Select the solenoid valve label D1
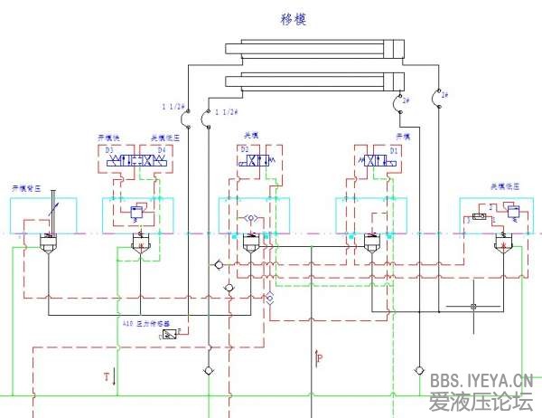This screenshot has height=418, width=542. coord(394,148)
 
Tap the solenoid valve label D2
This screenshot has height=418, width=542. coord(244,148)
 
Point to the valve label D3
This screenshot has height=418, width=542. coord(109,148)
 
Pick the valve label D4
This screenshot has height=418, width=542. coord(162,148)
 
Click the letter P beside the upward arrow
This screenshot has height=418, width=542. coord(321,359)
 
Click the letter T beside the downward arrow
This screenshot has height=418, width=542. coord(106,374)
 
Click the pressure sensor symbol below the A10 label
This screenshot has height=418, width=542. coord(170,335)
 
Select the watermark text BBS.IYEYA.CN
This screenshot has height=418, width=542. coord(481,381)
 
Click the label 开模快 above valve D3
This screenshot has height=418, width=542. coord(109,138)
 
